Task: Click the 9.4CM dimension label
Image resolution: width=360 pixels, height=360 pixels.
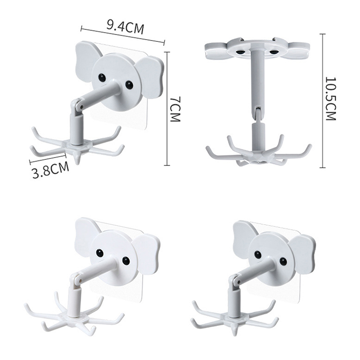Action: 126,27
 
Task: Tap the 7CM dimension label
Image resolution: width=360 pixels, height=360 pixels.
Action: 175,109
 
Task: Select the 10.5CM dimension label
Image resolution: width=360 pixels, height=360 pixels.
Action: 331,99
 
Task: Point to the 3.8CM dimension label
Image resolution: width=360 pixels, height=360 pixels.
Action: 50,171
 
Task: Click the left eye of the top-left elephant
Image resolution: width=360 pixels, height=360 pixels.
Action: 102,77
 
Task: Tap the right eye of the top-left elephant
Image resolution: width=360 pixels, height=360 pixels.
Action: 129,85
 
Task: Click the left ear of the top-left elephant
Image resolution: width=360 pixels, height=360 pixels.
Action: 87,61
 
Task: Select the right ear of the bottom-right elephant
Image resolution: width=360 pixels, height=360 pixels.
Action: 302,254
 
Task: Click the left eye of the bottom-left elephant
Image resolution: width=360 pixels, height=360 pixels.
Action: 100,253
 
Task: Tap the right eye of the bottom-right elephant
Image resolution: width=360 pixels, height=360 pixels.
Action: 283,261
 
